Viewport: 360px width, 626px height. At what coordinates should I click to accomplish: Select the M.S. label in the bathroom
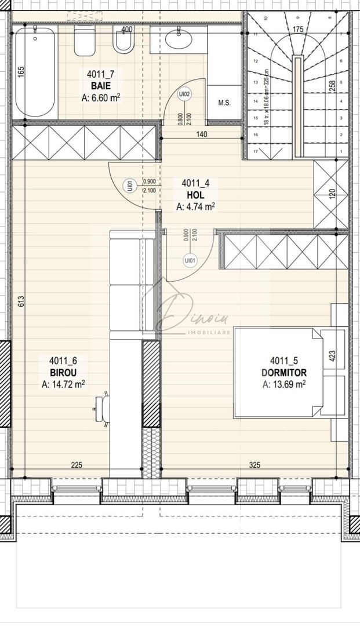point(225,103)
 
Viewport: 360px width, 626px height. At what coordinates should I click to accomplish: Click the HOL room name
point(195,195)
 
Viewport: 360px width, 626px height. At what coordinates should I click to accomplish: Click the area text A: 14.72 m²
point(63,384)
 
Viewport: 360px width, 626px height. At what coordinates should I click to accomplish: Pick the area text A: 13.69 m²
point(283,384)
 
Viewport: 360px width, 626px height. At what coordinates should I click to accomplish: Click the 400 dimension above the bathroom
point(127,30)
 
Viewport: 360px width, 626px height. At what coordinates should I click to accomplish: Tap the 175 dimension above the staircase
point(298,29)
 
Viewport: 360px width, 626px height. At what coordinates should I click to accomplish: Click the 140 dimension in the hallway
point(201,134)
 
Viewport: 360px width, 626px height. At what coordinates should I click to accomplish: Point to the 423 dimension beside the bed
point(332,355)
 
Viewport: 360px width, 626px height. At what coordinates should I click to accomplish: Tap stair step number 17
point(254,151)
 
